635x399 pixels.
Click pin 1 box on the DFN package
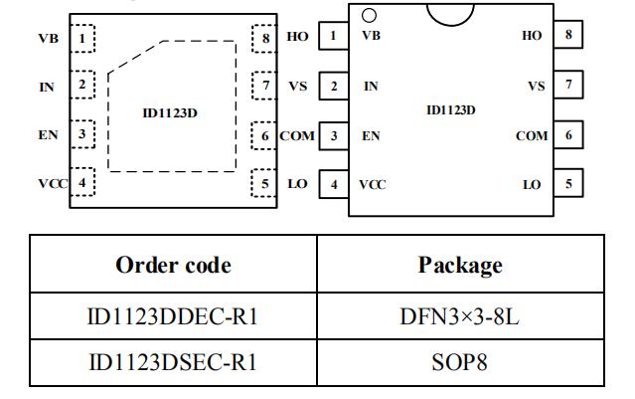tap(82, 40)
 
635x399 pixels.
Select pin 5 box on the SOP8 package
tap(568, 184)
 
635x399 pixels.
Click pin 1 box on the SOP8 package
tap(333, 36)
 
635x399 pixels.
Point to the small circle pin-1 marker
tap(369, 15)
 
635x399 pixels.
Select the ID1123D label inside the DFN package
tap(170, 112)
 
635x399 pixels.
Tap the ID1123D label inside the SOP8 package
tap(450, 110)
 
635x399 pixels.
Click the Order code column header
tap(173, 266)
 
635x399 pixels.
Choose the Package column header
tap(460, 266)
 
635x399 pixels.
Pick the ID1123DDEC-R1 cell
tap(173, 316)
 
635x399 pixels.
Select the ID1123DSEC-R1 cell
tap(173, 361)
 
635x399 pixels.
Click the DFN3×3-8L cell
tap(460, 316)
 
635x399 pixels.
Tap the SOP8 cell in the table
tap(460, 361)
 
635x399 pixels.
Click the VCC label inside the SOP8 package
tap(373, 184)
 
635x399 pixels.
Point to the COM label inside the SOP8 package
tap(532, 135)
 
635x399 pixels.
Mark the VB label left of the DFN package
tap(48, 40)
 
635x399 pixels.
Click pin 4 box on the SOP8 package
tap(333, 184)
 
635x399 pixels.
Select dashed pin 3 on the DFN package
tap(82, 133)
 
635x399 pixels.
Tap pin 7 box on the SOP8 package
tap(568, 86)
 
